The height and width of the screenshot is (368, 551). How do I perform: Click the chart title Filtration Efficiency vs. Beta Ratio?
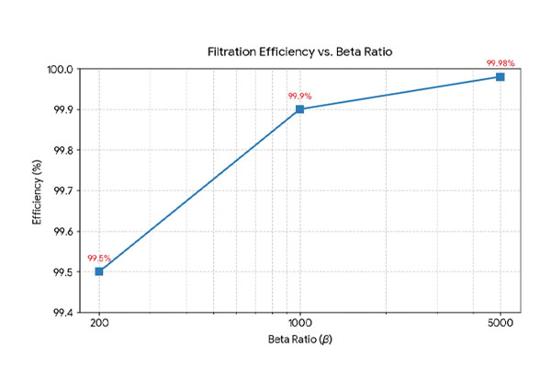[x=298, y=52]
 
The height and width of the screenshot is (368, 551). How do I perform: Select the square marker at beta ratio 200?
[x=99, y=271]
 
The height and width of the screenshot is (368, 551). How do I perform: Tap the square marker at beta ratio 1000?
[x=299, y=109]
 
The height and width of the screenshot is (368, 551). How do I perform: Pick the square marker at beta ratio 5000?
[x=500, y=76]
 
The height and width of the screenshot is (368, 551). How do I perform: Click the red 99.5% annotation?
[x=99, y=259]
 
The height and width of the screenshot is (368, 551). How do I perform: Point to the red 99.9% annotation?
[x=299, y=96]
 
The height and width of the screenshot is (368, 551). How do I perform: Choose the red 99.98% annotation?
[x=500, y=63]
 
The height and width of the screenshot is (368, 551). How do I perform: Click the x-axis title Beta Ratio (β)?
[x=298, y=342]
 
